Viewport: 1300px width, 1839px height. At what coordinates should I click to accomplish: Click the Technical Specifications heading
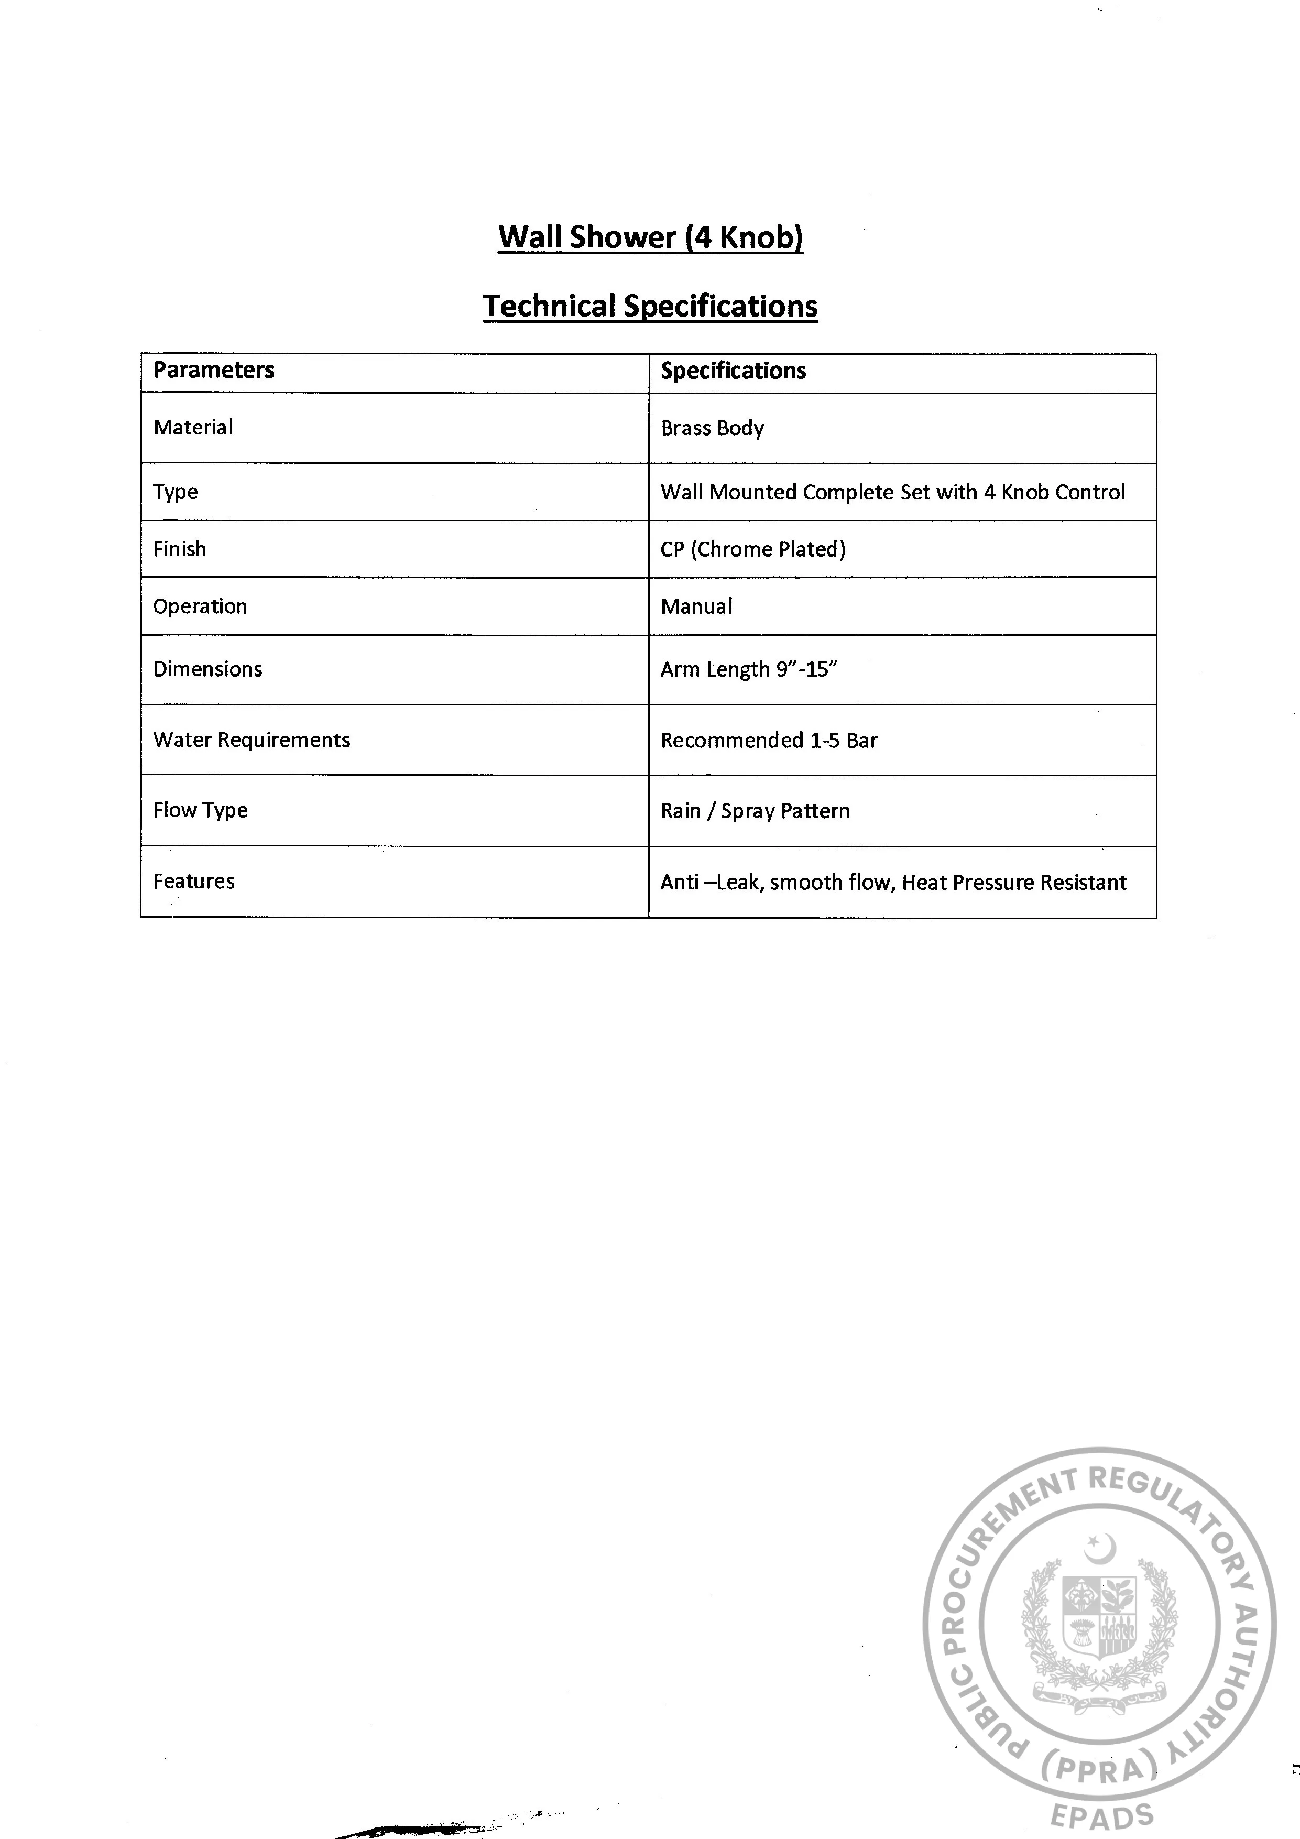tap(650, 306)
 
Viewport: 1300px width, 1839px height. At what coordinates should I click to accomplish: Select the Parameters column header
tap(214, 370)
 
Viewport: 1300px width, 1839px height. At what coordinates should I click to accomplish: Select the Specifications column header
tap(733, 371)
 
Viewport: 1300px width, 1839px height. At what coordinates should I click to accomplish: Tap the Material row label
tap(193, 428)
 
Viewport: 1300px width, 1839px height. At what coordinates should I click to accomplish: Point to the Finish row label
tap(179, 549)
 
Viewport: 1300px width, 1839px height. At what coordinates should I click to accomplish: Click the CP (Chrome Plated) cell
tap(753, 549)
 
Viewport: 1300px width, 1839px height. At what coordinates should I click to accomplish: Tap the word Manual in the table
tap(696, 606)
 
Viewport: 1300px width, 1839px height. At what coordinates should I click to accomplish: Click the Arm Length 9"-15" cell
tap(748, 670)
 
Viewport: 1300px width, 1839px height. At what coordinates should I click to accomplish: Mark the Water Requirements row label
tap(252, 740)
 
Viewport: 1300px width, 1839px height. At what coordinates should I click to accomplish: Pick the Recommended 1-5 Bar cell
tap(769, 740)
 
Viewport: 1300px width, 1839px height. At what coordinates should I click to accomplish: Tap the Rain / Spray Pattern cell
tap(755, 811)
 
